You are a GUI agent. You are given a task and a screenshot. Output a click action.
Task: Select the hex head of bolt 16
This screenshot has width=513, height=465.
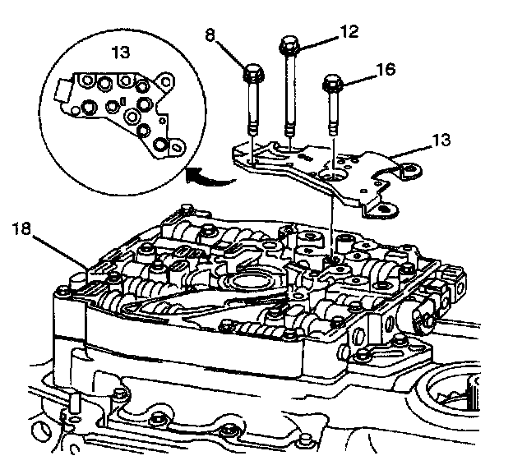click(x=333, y=83)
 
